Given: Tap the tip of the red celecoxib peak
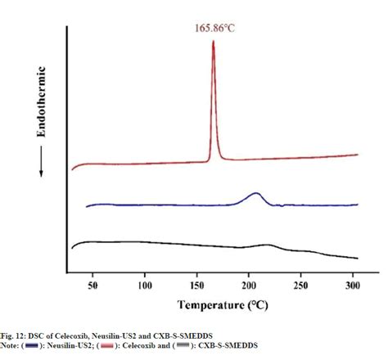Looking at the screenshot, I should tap(214, 43).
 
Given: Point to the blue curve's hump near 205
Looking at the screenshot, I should tap(255, 195).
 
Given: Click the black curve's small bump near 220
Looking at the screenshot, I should tap(267, 245).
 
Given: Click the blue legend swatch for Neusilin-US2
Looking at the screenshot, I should tap(33, 345).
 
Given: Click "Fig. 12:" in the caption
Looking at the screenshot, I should tap(14, 335).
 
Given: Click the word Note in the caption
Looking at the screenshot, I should tap(11, 345).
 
